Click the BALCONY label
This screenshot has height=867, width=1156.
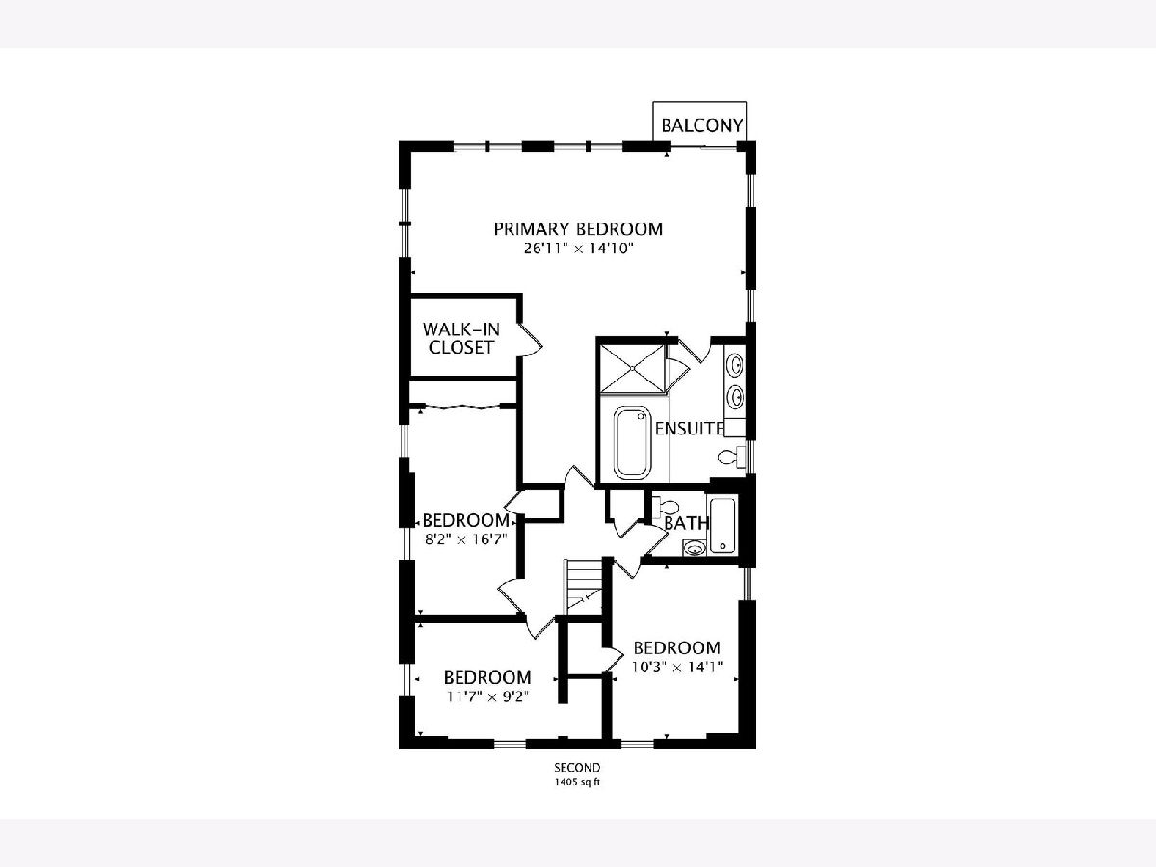[x=701, y=126]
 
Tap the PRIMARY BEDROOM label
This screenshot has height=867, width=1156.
[x=578, y=229]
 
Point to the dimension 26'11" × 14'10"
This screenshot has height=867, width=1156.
[x=578, y=249]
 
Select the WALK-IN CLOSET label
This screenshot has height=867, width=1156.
[x=460, y=338]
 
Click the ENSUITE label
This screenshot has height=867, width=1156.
[x=690, y=429]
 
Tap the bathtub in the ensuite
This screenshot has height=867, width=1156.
[x=633, y=442]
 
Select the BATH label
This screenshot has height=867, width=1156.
[x=686, y=523]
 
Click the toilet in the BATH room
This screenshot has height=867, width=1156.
[x=666, y=508]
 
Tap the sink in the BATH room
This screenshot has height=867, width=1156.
[x=695, y=548]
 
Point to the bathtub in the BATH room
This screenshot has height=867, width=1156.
[x=723, y=525]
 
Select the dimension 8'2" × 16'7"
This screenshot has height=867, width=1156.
[x=465, y=539]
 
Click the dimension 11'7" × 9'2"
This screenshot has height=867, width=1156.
[x=487, y=696]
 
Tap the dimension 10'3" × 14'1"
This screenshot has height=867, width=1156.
[x=677, y=667]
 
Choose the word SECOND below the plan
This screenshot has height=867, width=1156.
[x=577, y=768]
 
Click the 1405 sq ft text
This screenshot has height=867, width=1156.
[x=577, y=782]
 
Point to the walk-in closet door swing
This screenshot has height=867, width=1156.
[x=531, y=340]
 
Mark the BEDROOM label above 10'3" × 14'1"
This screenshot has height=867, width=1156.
[x=677, y=647]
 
